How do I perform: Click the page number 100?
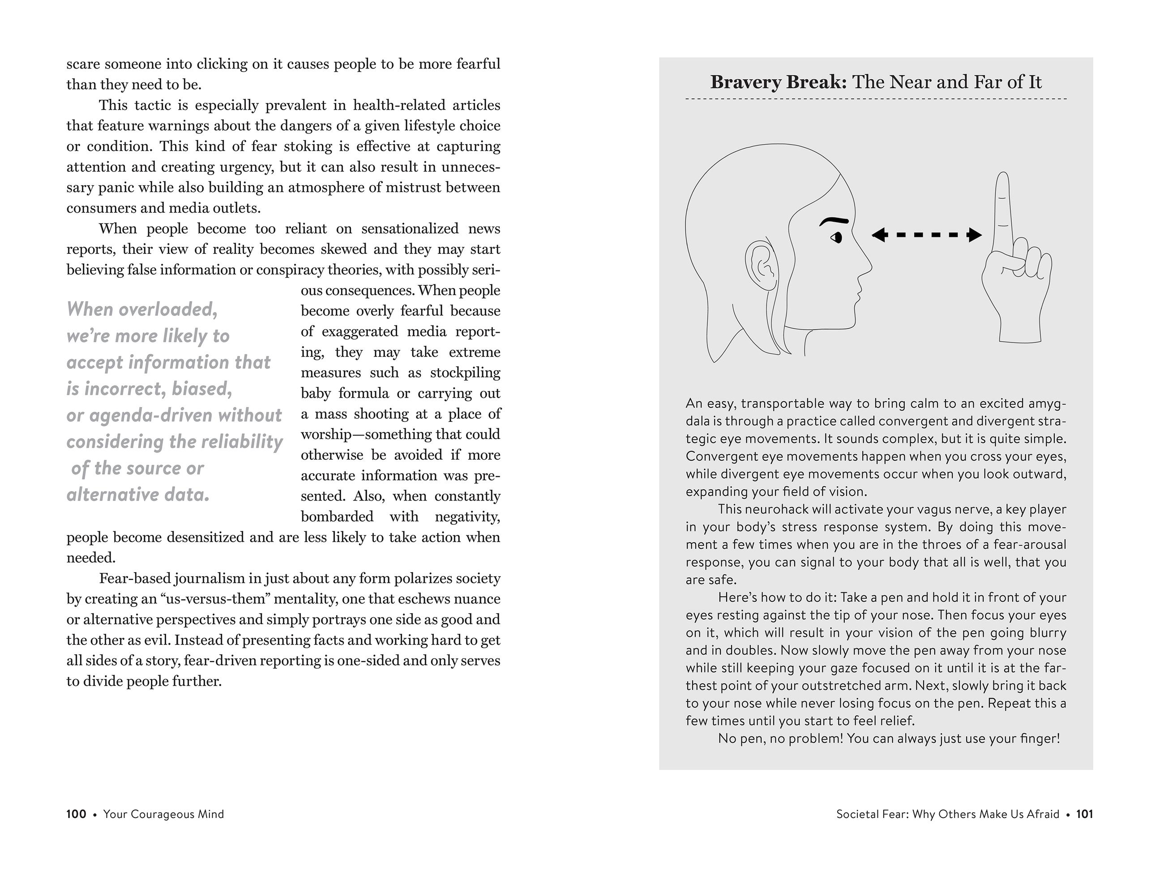coord(76,814)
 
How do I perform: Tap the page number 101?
coord(1085,814)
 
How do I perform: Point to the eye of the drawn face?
coord(836,238)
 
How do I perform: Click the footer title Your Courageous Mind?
coord(164,814)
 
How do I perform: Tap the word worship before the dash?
coord(330,435)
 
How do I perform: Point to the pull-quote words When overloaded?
coord(142,309)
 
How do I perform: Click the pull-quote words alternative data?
coord(138,495)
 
